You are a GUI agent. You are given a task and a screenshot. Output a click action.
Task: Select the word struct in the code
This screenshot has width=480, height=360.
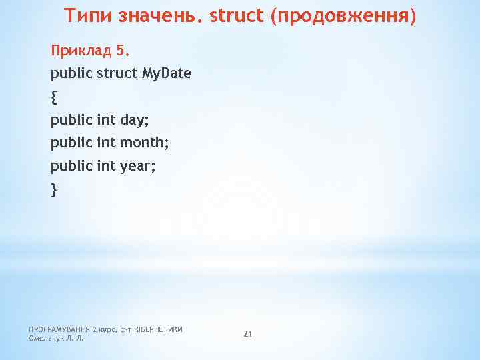(117, 74)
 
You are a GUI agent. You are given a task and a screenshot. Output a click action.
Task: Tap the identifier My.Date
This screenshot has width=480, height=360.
(167, 74)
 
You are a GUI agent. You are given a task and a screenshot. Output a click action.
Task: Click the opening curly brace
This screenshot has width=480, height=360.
(54, 97)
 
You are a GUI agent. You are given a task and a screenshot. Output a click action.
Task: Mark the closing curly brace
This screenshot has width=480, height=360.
(54, 190)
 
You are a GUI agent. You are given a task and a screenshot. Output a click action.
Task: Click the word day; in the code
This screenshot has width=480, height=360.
(136, 121)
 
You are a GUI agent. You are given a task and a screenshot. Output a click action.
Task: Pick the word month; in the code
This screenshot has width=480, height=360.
(145, 143)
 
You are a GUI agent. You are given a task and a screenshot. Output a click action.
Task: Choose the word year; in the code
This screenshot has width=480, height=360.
(138, 167)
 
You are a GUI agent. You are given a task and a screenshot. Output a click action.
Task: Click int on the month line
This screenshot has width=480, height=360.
(106, 143)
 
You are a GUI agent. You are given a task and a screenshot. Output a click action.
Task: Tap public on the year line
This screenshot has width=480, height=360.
(71, 167)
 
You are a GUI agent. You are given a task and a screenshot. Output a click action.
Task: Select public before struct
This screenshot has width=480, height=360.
(71, 74)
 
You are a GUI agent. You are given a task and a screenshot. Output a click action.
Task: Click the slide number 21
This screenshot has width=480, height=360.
(247, 333)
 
